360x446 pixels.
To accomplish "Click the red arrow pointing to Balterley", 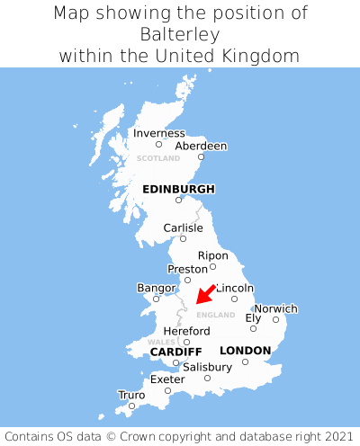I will click(206, 293).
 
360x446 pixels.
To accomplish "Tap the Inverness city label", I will click(158, 133).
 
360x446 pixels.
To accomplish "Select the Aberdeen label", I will click(201, 146).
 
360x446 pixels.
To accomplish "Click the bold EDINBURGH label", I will click(178, 189).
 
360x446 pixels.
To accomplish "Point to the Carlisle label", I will click(183, 228).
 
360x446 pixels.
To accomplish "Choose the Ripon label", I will click(212, 255).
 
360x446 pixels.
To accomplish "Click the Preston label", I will click(187, 269).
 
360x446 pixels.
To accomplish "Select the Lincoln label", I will click(235, 288).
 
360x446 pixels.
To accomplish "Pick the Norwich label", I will click(275, 308).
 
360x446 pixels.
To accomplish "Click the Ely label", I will click(253, 317).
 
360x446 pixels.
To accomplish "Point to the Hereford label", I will click(186, 331).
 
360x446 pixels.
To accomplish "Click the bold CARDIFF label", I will click(175, 351).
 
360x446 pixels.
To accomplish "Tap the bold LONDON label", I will click(245, 350).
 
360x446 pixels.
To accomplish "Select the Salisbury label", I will click(207, 367).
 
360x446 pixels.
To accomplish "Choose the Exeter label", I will click(167, 379).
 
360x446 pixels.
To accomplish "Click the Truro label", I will click(131, 395).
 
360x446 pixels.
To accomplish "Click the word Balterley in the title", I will click(180, 34).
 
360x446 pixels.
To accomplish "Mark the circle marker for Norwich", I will click(275, 319).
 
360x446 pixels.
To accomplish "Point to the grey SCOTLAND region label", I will click(158, 158).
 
